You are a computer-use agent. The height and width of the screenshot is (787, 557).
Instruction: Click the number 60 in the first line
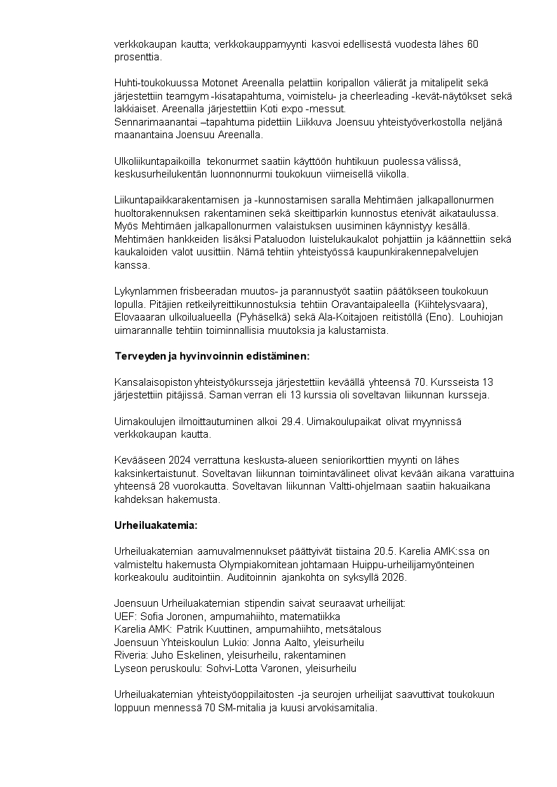point(472,44)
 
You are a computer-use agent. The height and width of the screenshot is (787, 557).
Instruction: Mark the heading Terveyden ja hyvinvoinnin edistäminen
point(211,356)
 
